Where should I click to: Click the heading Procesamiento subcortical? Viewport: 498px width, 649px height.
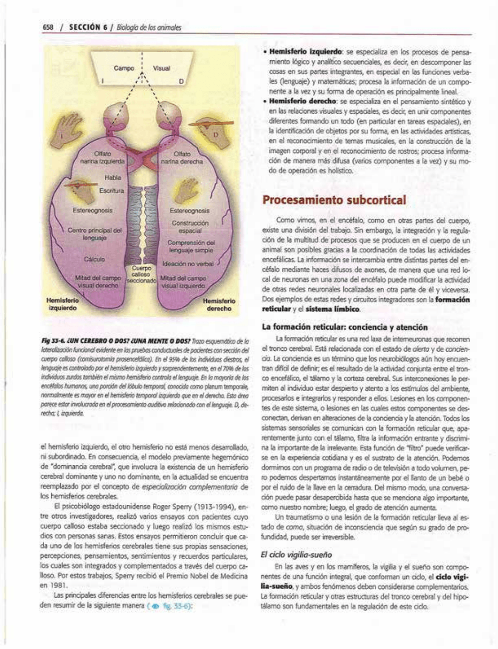pos(335,200)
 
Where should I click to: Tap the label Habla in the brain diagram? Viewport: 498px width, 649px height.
pos(113,177)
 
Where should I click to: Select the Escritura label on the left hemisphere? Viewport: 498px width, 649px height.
pos(112,191)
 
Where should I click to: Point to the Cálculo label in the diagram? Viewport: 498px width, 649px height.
pos(94,259)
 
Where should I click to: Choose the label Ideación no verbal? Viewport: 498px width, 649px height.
pos(188,264)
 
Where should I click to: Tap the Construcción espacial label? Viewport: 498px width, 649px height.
pos(190,227)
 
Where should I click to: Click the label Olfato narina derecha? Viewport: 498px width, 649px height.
pos(182,158)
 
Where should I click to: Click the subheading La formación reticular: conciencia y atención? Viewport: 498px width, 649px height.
pos(345,327)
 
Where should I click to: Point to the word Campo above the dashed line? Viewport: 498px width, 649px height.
pos(124,68)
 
